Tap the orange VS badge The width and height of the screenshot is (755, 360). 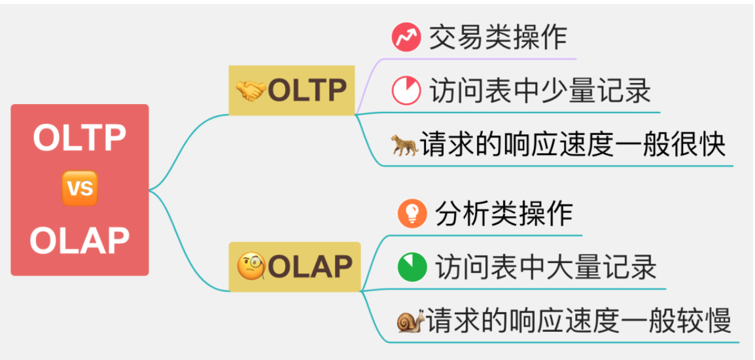79,189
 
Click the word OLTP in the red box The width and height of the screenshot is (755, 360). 79,138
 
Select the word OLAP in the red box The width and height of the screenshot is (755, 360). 79,240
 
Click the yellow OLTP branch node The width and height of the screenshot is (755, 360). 292,90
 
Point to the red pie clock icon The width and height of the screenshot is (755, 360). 406,91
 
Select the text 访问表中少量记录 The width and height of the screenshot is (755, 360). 540,91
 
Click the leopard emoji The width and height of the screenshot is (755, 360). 404,144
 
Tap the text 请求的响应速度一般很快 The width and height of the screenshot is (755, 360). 572,144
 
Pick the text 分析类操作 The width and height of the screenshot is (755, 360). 504,214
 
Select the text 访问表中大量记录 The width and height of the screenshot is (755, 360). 545,267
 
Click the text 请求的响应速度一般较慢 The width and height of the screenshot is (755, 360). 578,321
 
